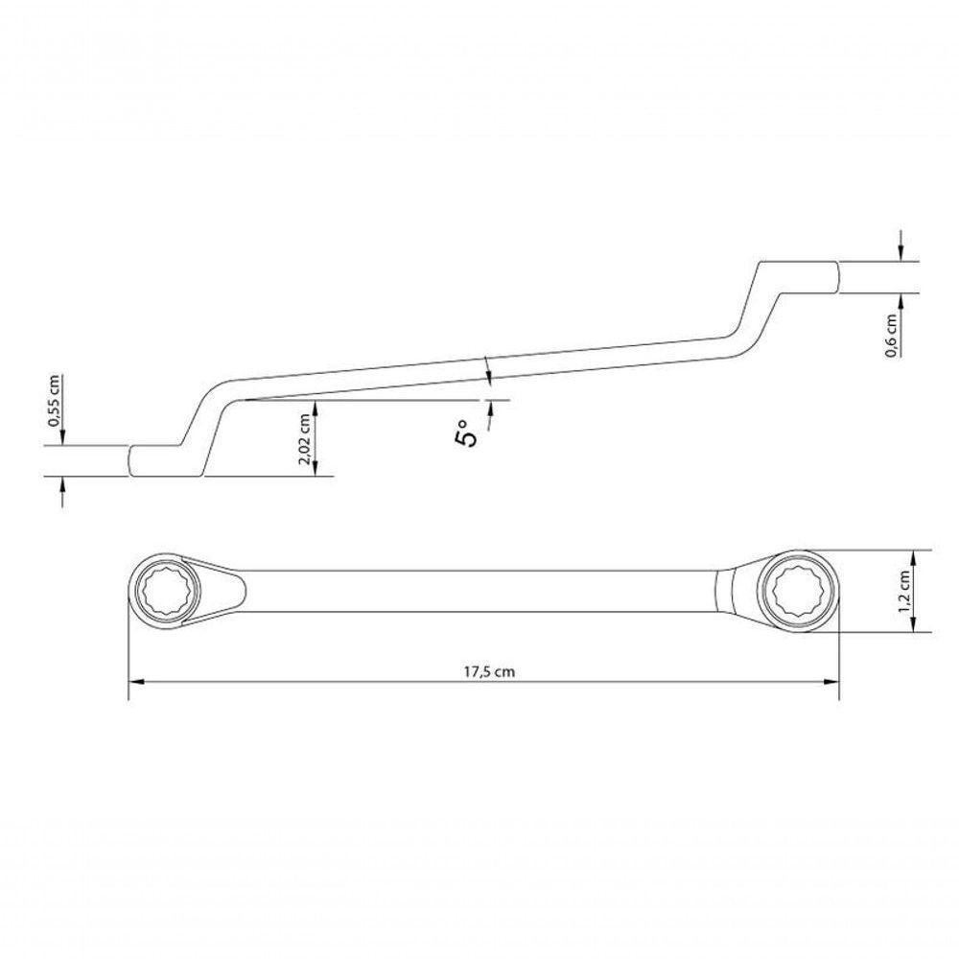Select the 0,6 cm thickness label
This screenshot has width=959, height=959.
tap(892, 336)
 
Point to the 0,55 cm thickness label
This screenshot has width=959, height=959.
tap(55, 400)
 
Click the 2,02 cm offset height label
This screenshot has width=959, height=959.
tap(305, 440)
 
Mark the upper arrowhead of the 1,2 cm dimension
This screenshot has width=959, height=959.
tap(915, 556)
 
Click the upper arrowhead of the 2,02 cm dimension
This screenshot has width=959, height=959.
tap(316, 408)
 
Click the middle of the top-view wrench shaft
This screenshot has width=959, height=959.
tap(479, 591)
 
